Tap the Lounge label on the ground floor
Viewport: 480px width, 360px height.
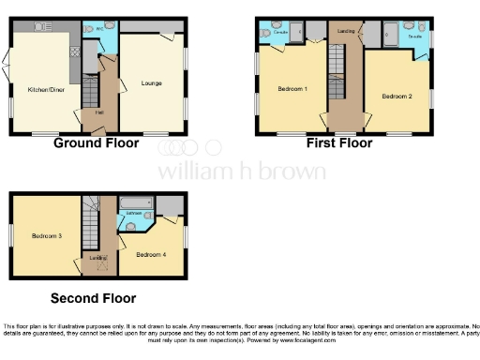coord(152,83)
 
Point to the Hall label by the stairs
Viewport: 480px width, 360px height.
coord(99,112)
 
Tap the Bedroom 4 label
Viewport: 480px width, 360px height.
coord(150,254)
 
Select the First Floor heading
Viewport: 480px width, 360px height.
coord(338,143)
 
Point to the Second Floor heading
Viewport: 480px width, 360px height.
coord(93,298)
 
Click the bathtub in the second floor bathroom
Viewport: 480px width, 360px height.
coord(135,202)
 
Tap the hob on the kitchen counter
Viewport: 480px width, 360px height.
coord(75,44)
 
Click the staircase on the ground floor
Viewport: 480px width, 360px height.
coord(90,92)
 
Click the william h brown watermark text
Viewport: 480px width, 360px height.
coord(242,172)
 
